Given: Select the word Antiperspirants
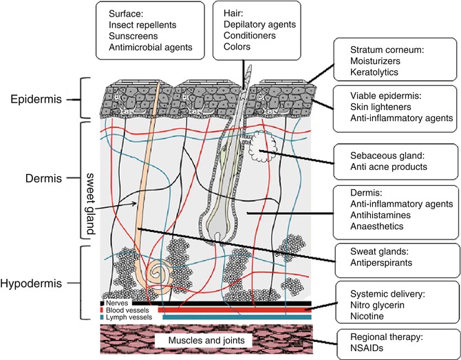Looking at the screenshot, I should [x=373, y=264].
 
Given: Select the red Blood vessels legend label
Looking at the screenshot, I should [x=124, y=310].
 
